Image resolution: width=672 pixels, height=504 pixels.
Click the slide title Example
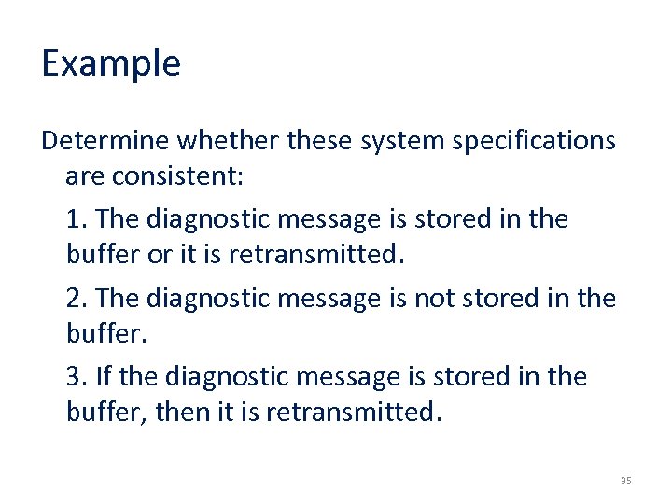111,63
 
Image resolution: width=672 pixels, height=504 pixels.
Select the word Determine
105,140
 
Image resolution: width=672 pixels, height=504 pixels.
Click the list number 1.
76,219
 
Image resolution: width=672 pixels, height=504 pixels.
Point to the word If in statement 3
103,377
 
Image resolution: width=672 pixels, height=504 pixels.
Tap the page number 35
625,481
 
